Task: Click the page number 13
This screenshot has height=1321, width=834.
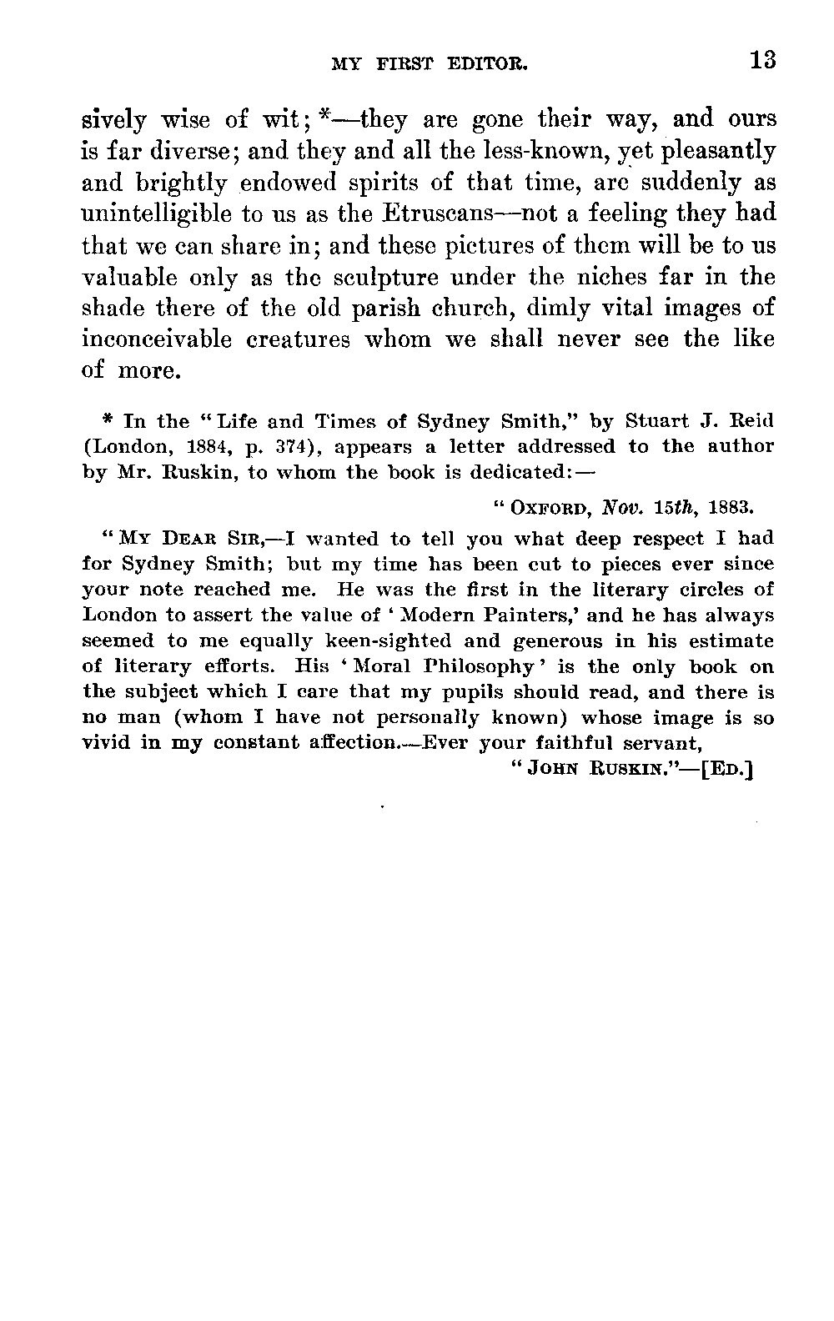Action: (x=762, y=60)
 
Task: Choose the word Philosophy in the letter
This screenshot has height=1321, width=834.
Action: (x=491, y=666)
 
